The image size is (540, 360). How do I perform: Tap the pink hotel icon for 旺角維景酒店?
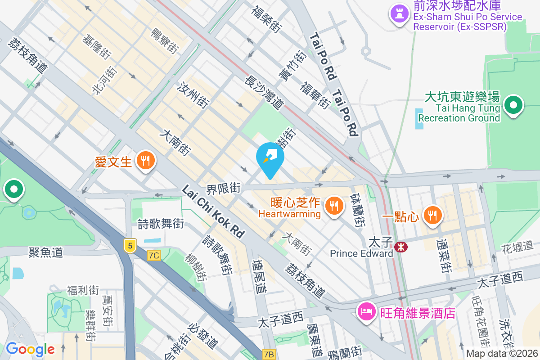[x=367, y=311]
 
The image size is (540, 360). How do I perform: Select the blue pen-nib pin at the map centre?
[x=270, y=158]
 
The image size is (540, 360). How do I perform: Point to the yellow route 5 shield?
[x=130, y=245]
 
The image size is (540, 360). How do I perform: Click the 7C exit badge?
[x=154, y=255]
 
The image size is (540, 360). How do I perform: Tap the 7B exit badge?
[x=269, y=355]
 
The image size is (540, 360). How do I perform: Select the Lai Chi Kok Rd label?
[x=213, y=212]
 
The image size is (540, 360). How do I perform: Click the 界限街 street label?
[x=224, y=188]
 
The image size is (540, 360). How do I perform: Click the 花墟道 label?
[x=518, y=247]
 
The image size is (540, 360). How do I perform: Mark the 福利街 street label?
[x=83, y=290]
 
